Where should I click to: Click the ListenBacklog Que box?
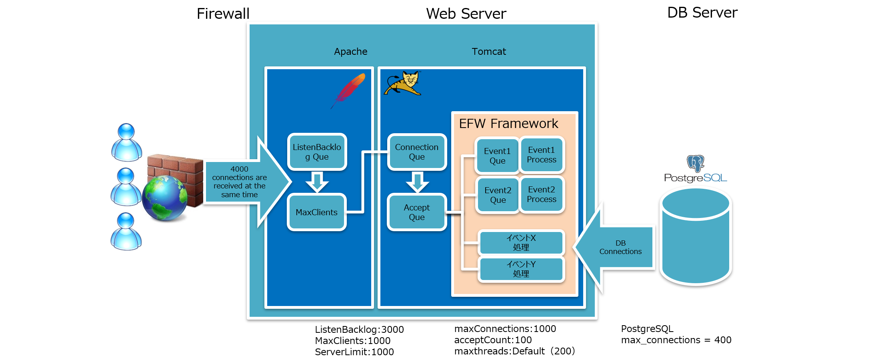click(317, 152)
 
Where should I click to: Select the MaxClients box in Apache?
click(317, 212)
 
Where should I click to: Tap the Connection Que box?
click(417, 152)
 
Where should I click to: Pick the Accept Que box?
click(417, 212)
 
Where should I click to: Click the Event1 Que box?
click(497, 156)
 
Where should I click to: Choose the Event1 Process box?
click(542, 155)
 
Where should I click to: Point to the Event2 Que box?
click(498, 195)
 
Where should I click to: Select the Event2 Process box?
click(542, 194)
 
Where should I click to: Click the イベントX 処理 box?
click(521, 243)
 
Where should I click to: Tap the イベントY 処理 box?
click(521, 269)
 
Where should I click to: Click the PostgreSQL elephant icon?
click(696, 163)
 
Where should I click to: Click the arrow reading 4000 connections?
click(244, 182)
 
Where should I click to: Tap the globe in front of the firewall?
click(164, 198)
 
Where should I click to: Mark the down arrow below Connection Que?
click(417, 182)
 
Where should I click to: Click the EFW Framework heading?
click(508, 124)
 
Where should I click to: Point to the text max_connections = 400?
click(676, 340)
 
